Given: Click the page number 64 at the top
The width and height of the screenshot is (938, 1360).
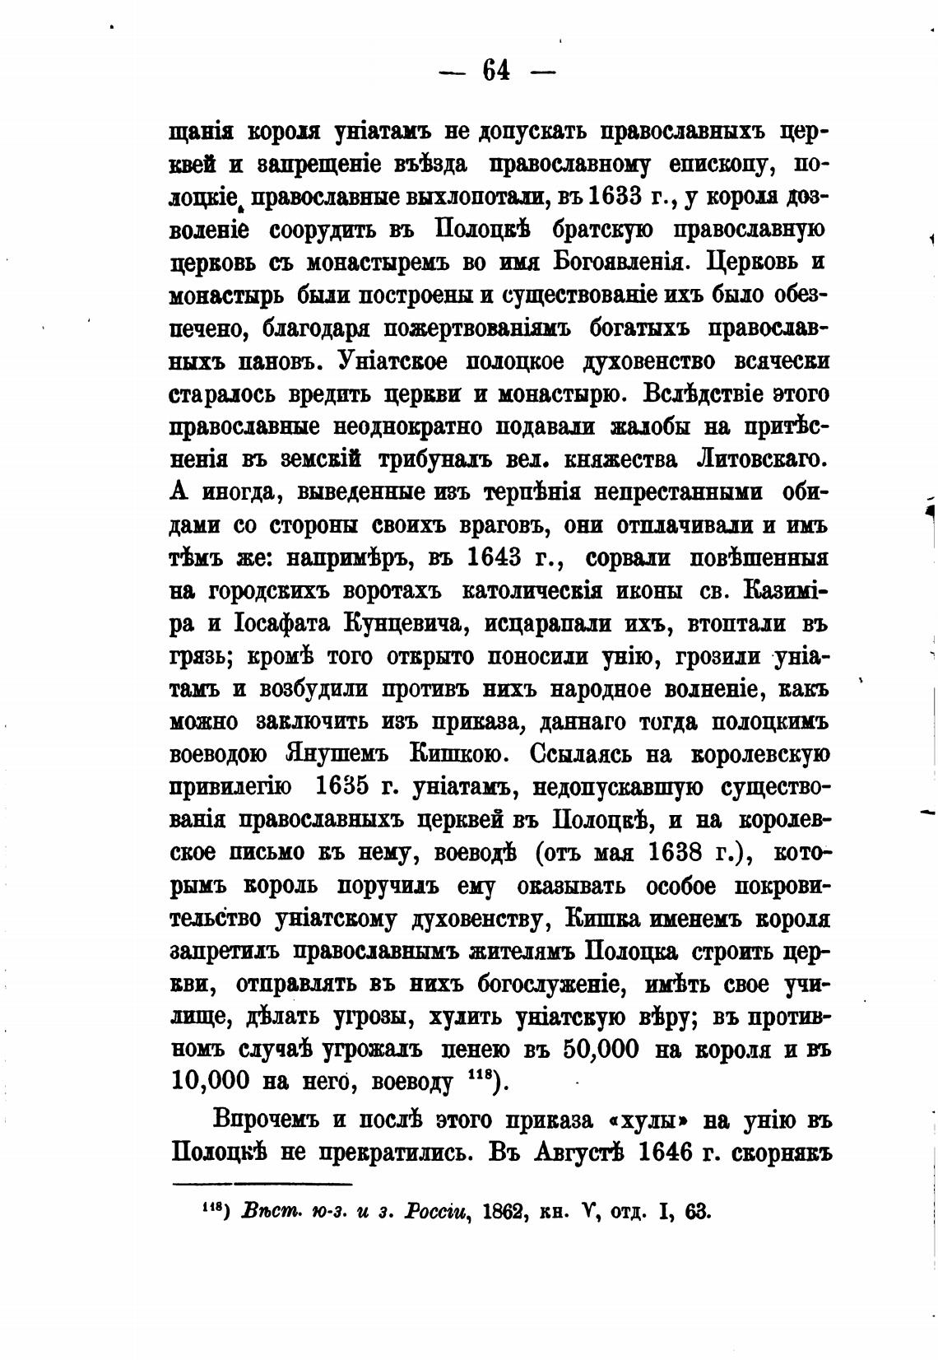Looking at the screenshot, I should click(497, 72).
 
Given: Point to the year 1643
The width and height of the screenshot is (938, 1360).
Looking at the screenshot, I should click(495, 558).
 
